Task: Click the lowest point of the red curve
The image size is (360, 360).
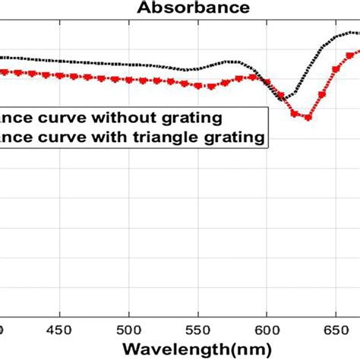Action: [x=303, y=116]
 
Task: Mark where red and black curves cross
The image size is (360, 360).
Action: [x=268, y=84]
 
